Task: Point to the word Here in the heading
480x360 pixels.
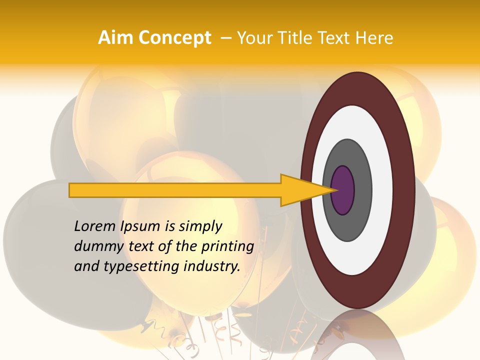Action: point(374,38)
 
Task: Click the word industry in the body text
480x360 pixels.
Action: point(212,266)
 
